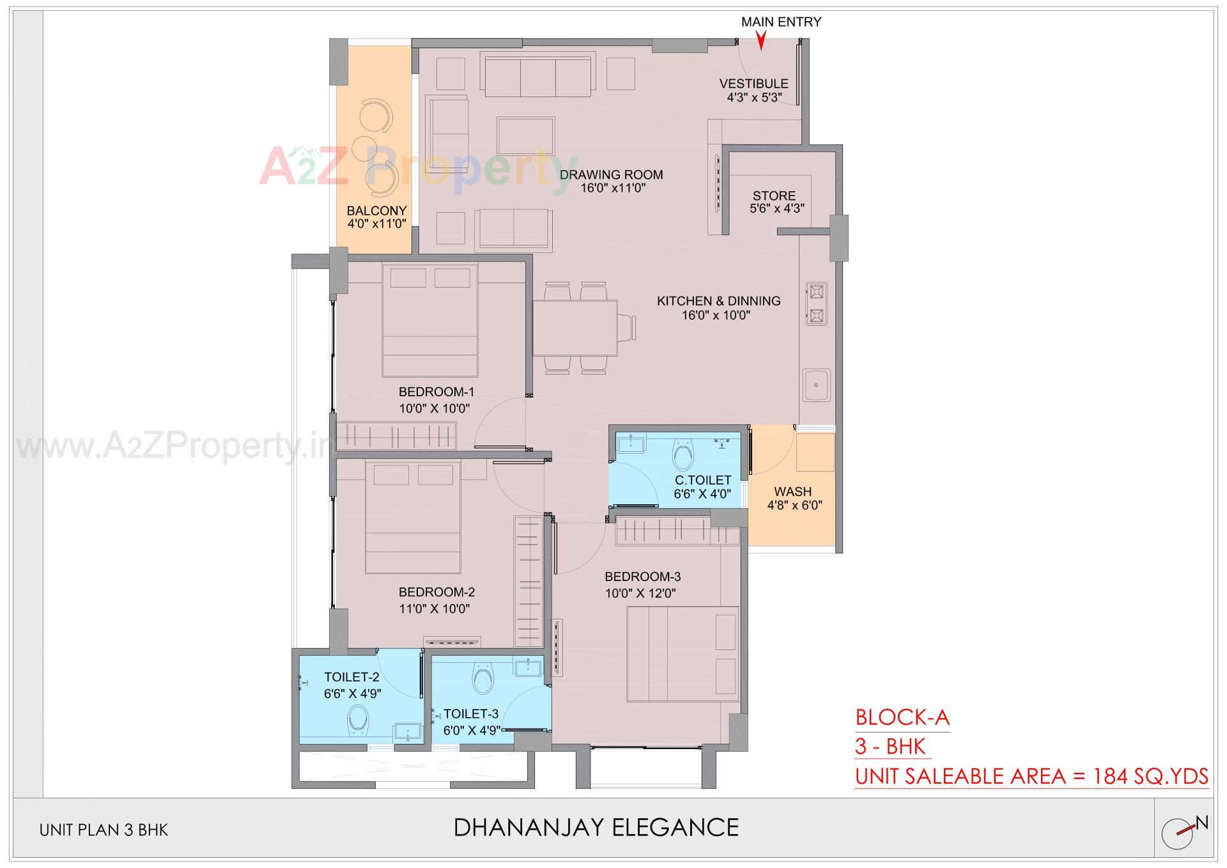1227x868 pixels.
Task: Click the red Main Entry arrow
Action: point(760,42)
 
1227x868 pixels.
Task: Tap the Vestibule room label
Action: point(753,84)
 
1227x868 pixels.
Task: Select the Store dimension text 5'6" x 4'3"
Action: point(776,208)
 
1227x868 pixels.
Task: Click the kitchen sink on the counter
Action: point(817,385)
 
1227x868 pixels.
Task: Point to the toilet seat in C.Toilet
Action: point(682,456)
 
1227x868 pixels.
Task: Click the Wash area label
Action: point(792,492)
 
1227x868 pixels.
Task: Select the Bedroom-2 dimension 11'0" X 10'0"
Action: point(435,609)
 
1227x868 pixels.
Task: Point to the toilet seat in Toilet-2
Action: point(357,722)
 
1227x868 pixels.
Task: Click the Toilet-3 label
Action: point(471,714)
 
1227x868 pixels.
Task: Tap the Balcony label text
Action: point(376,210)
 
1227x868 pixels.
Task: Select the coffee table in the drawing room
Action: point(525,136)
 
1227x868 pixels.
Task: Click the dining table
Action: point(575,328)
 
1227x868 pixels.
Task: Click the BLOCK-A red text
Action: point(902,717)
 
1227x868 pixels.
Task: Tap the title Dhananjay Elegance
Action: point(596,827)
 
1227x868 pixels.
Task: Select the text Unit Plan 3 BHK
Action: point(104,830)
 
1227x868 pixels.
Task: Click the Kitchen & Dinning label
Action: point(718,300)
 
